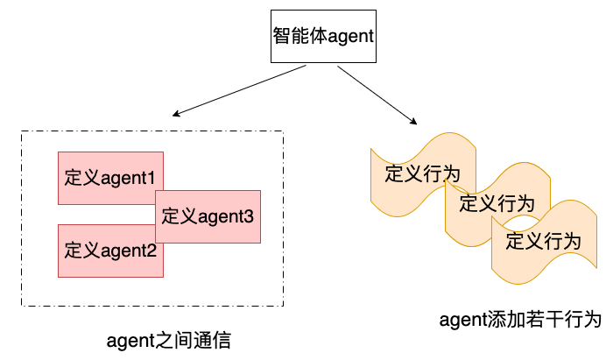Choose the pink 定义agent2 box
(x=110, y=251)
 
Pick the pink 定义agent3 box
(x=208, y=215)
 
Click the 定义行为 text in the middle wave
(x=497, y=204)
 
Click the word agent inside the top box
(x=351, y=37)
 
